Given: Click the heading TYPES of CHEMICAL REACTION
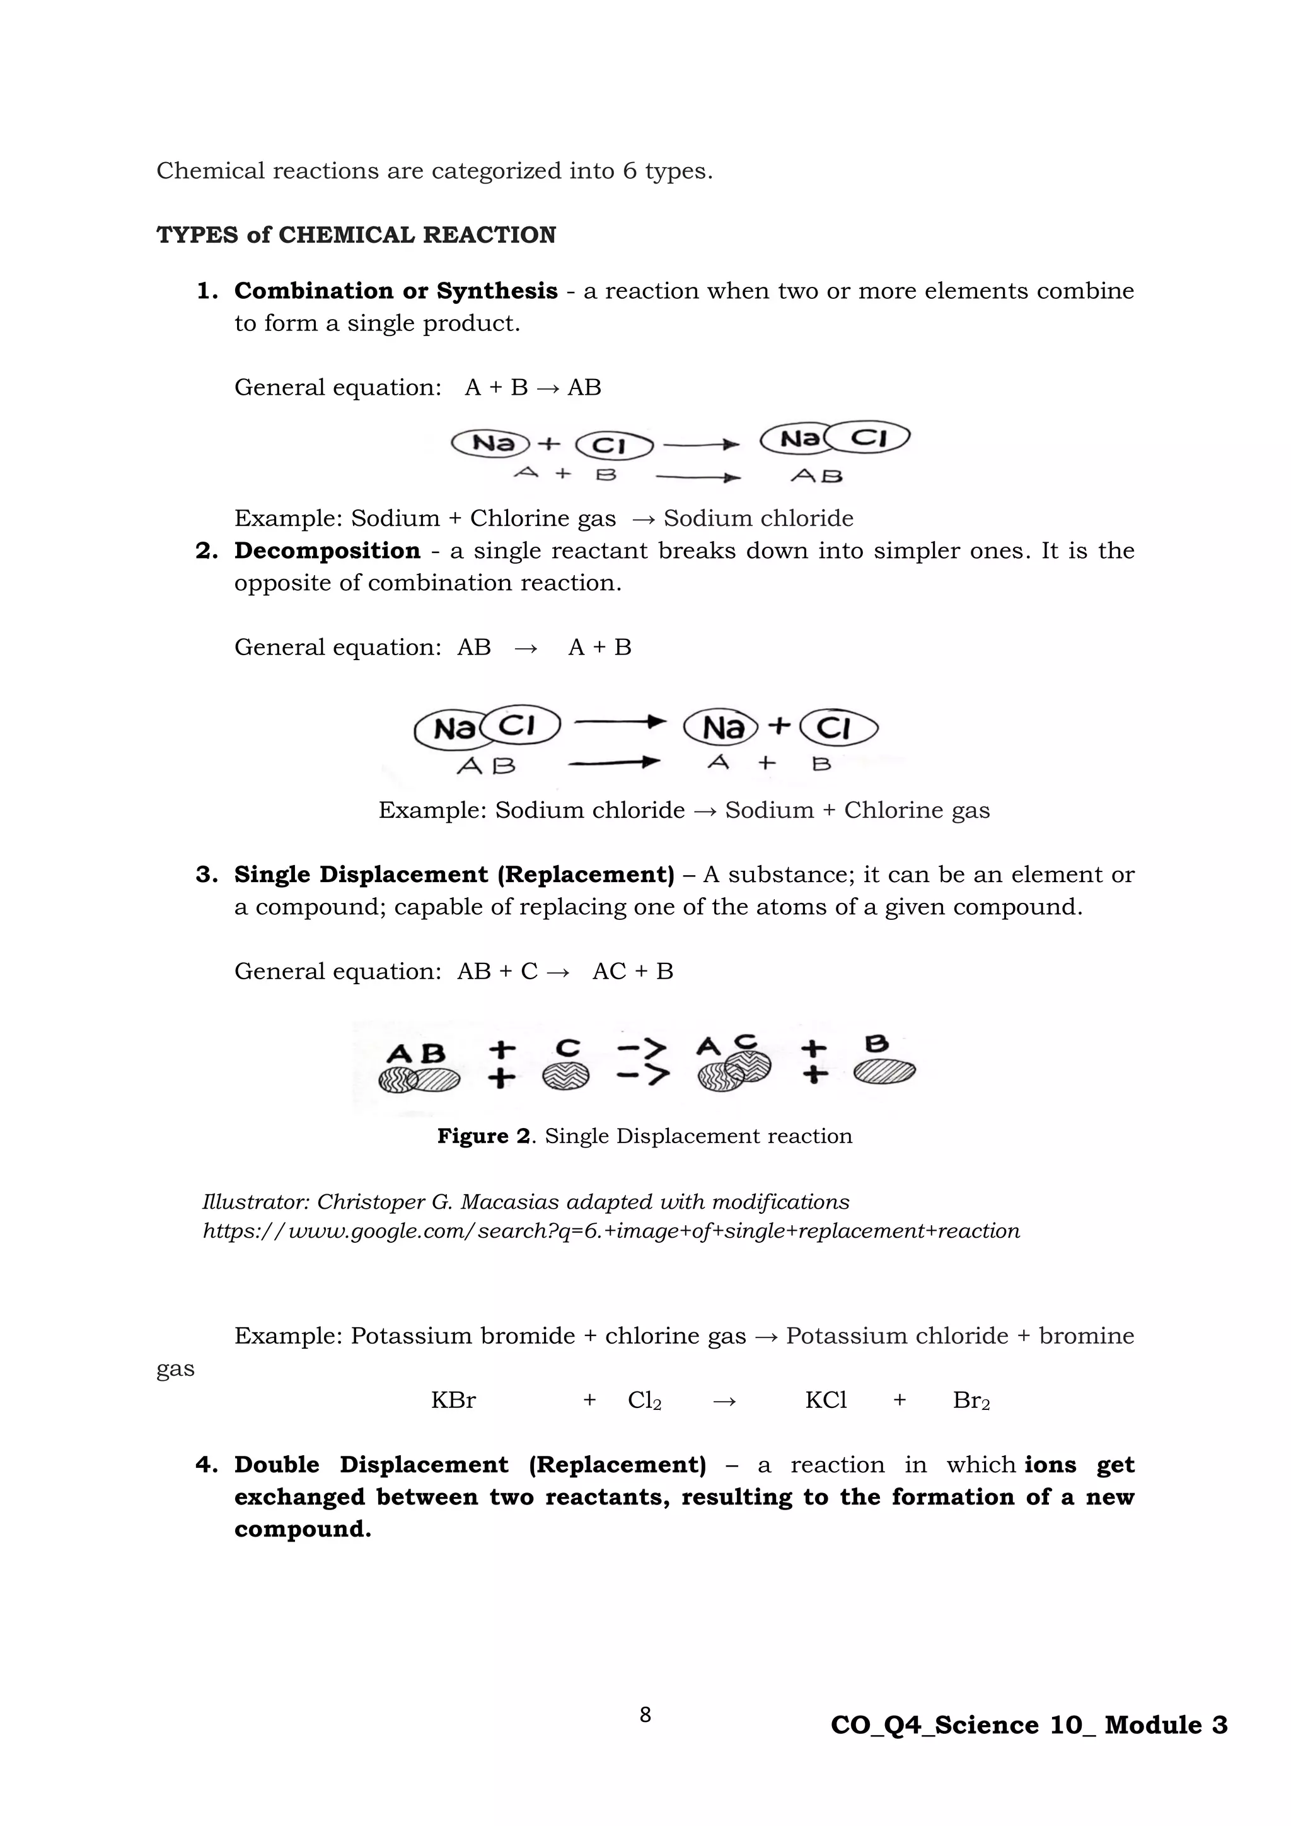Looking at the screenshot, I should click(x=356, y=235).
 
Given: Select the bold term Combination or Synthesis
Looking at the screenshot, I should click(x=395, y=291).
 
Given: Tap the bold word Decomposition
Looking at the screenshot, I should click(x=327, y=550).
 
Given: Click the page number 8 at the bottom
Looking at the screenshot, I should click(x=645, y=1716).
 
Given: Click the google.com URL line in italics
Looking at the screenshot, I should click(x=611, y=1231).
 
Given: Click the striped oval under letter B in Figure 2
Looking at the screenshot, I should click(x=884, y=1071).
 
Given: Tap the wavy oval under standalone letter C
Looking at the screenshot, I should click(x=566, y=1076).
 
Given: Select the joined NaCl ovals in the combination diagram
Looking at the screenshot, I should click(x=835, y=438).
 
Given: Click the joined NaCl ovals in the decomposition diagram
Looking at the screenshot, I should click(x=487, y=726).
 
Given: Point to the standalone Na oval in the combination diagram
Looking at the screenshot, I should click(x=491, y=443).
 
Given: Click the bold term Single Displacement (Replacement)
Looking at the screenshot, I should click(x=454, y=875).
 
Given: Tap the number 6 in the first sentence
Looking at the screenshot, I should click(x=630, y=171).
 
